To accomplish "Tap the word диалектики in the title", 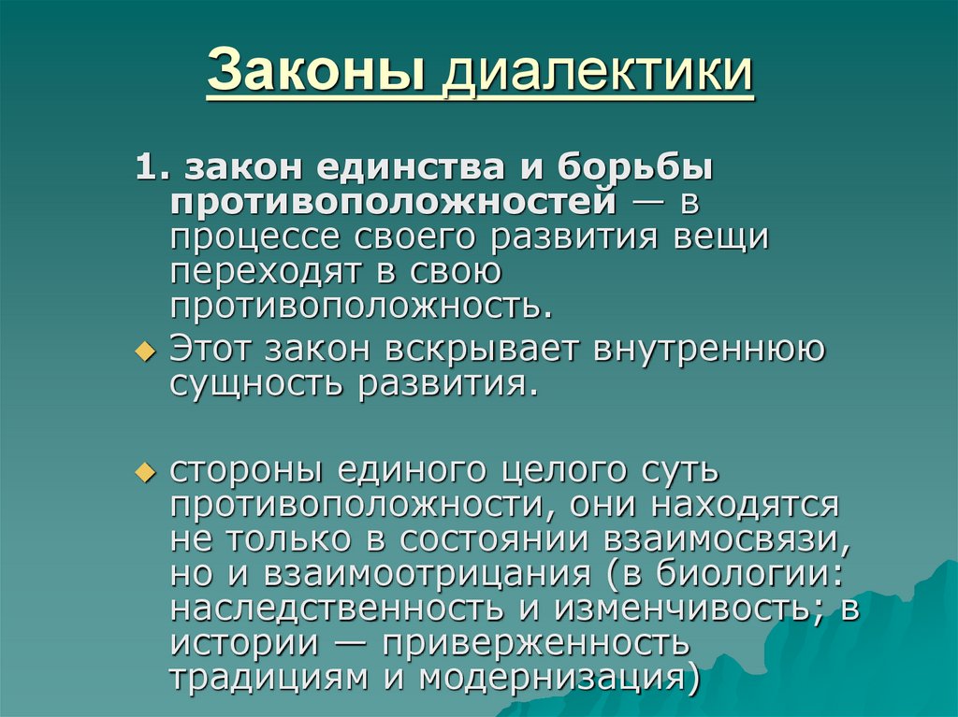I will click(x=599, y=74).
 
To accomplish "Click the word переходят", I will click(x=268, y=271).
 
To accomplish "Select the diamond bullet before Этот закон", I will click(x=143, y=351).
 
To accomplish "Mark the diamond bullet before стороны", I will click(x=143, y=472).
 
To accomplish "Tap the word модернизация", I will click(x=558, y=677).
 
